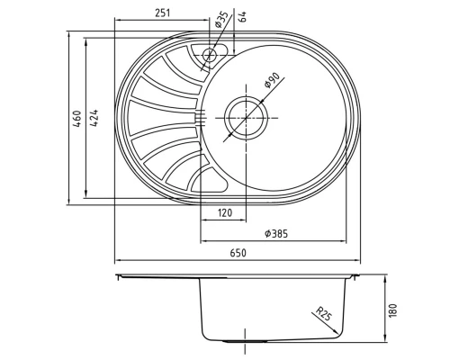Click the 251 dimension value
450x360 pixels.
pos(162,13)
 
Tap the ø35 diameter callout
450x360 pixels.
pos(219,23)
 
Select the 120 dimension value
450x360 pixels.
pos(226,213)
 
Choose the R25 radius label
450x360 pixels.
pos(323,314)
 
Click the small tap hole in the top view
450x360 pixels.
pos(209,54)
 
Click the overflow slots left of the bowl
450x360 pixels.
pos(202,116)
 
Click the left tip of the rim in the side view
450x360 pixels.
pos(117,275)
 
